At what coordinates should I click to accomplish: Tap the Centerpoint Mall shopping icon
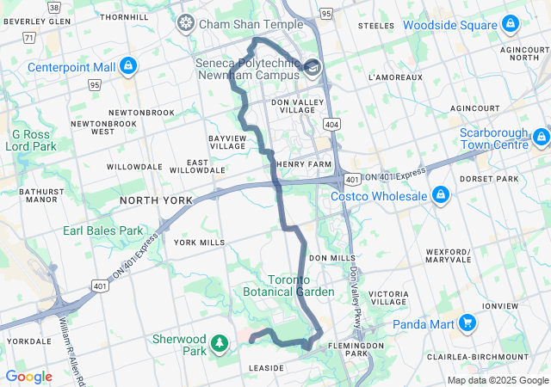[x=128, y=65]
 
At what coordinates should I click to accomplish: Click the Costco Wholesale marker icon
[x=441, y=195]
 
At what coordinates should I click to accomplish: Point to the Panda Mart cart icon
[x=467, y=323]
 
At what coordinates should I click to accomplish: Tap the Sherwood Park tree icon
[x=220, y=344]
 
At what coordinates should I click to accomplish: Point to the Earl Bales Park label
[x=102, y=230]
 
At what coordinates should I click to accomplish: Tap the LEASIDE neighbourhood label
[x=266, y=368]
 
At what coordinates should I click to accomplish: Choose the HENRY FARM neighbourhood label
[x=303, y=164]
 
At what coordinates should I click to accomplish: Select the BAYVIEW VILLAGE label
[x=227, y=142]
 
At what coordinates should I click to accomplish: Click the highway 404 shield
[x=332, y=125]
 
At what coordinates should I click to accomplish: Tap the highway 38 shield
[x=55, y=6]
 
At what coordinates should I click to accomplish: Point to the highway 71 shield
[x=29, y=38]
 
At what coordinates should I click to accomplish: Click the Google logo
[x=28, y=376]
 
